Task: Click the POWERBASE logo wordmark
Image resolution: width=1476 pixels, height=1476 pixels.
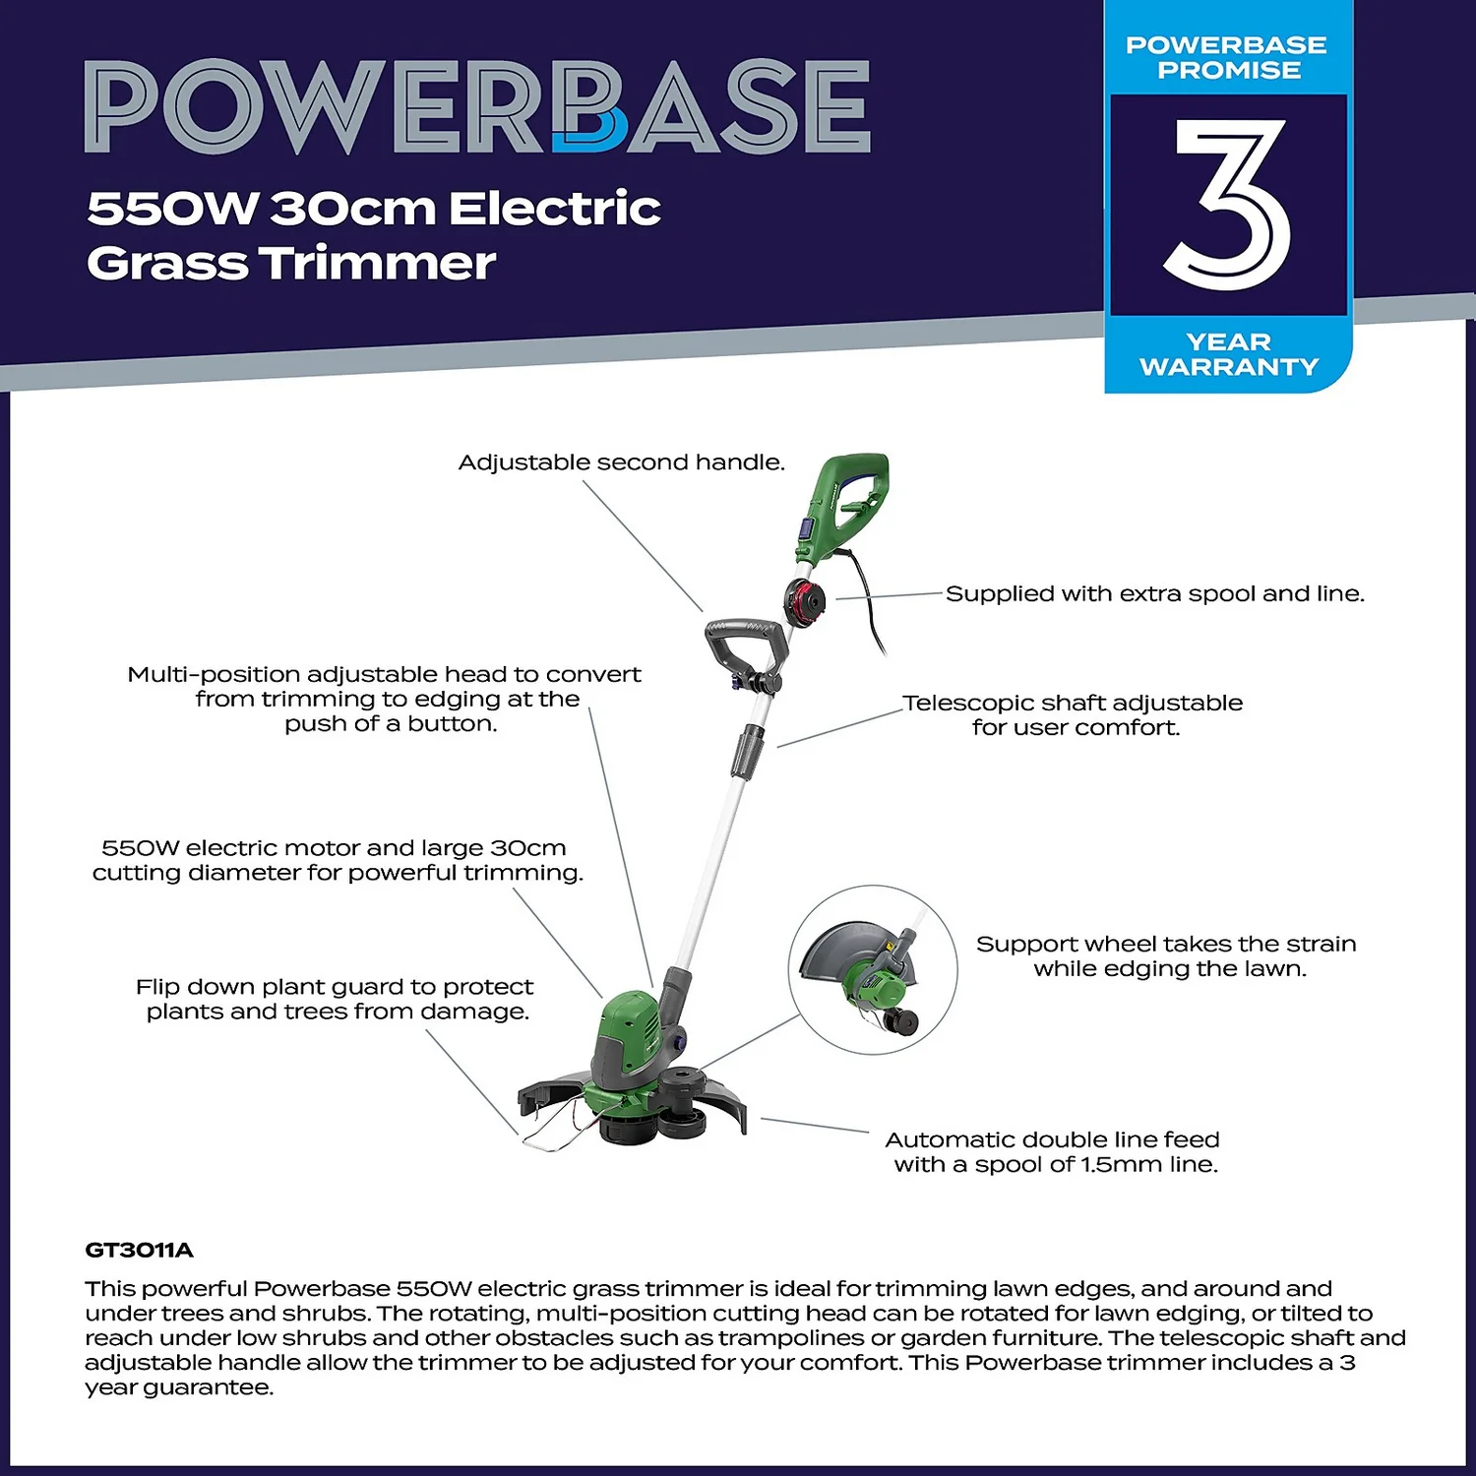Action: (x=477, y=106)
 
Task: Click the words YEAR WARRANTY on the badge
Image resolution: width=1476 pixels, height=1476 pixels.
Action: (x=1229, y=354)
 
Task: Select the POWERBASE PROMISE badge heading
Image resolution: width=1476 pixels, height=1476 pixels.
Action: (x=1227, y=57)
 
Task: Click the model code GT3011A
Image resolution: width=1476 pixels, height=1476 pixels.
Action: (x=139, y=1250)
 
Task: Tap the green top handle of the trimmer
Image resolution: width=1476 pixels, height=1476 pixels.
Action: (x=848, y=502)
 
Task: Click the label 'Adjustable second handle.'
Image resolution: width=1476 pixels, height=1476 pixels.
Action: (x=621, y=462)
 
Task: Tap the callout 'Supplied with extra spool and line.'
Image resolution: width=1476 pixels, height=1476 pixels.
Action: (x=1154, y=593)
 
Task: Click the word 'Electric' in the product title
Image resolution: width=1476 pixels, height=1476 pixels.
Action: (x=554, y=209)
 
